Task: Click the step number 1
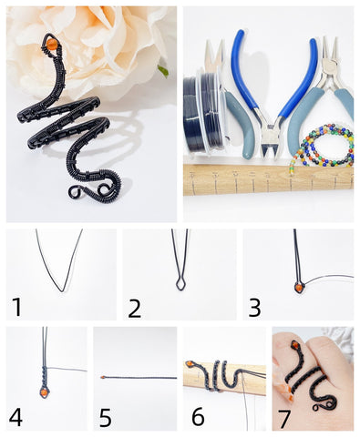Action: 16,307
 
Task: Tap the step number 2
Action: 135,308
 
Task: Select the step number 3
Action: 254,308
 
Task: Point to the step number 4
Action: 15,417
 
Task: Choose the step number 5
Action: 106,418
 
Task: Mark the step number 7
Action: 284,419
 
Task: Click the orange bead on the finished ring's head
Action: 51,44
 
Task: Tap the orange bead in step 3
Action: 299,287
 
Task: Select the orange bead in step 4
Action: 45,392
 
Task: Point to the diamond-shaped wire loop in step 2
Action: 180,282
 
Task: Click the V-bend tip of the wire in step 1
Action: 62,290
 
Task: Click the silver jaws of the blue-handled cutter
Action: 270,140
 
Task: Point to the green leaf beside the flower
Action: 163,71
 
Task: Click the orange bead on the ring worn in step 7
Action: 294,345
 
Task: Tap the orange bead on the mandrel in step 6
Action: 189,363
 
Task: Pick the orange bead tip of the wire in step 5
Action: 103,378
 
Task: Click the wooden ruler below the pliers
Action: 269,179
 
